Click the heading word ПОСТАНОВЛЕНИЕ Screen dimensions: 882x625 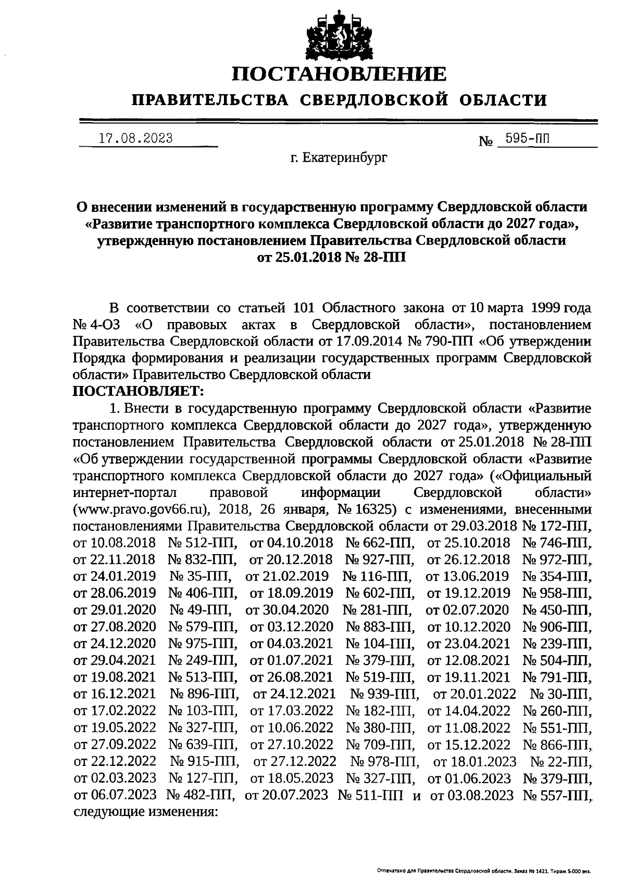click(x=339, y=74)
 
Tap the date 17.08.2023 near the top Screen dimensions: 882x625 click(x=135, y=138)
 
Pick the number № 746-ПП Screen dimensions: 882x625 click(x=556, y=542)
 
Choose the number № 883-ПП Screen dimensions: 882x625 click(x=380, y=626)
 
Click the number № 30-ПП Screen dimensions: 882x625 click(x=561, y=693)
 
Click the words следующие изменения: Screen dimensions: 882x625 click(x=145, y=811)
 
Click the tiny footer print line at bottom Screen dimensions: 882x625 click(x=484, y=870)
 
